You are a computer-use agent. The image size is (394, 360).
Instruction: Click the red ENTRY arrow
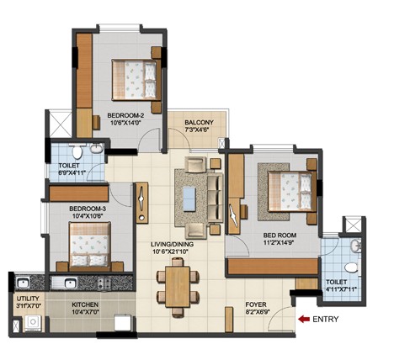(304, 319)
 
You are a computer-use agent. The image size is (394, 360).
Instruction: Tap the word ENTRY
(326, 319)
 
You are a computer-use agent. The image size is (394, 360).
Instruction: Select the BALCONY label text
(199, 123)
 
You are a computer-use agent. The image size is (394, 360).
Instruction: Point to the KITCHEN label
(85, 304)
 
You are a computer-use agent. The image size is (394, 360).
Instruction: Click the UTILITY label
(28, 299)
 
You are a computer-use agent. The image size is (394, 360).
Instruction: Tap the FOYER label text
(256, 304)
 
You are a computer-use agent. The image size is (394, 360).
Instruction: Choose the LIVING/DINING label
(172, 244)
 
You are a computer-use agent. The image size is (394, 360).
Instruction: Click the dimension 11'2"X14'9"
(278, 242)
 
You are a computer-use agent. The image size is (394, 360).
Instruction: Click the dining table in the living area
(178, 287)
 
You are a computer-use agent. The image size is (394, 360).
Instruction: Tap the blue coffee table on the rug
(189, 199)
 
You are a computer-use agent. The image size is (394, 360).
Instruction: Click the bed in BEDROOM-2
(136, 80)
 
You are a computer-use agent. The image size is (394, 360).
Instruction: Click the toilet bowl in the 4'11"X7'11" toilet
(351, 267)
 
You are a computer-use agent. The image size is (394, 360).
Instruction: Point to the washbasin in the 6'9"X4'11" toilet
(96, 149)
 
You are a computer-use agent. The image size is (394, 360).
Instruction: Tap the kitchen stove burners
(104, 283)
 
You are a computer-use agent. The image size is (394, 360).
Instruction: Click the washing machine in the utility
(33, 323)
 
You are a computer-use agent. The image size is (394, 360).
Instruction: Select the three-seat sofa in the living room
(215, 198)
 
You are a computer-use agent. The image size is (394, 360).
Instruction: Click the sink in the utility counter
(22, 283)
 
